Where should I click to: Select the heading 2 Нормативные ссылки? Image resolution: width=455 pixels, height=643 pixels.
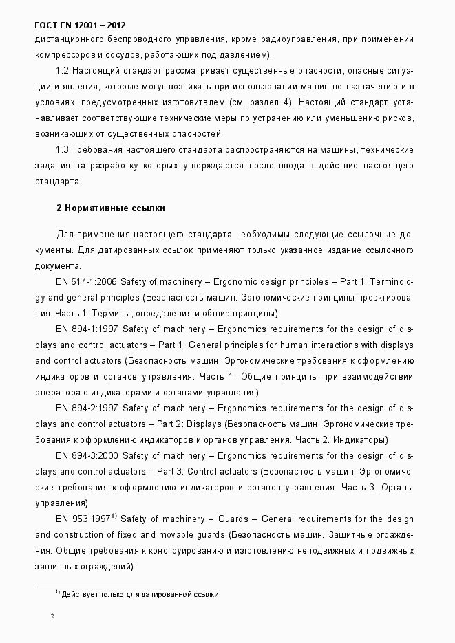[110, 207]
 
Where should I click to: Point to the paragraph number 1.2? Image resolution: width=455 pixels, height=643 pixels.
[63, 72]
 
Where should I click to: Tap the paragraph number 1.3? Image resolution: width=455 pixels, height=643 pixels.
[63, 149]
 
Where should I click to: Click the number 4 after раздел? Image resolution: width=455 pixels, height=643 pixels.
[286, 102]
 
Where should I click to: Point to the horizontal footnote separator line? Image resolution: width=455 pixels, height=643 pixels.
[96, 586]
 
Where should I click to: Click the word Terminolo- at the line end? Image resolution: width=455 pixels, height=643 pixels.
[392, 283]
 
